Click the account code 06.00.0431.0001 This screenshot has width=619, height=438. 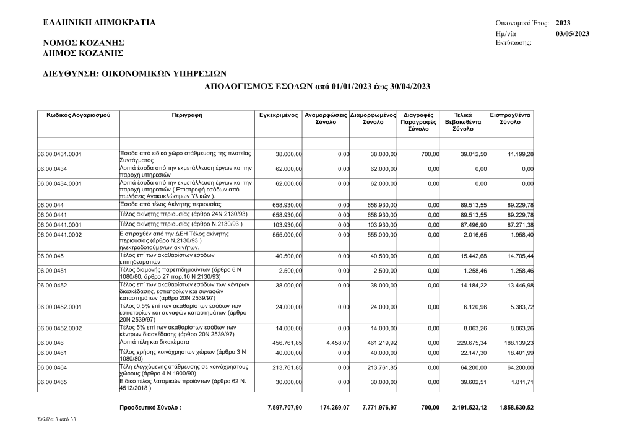pyautogui.click(x=60, y=154)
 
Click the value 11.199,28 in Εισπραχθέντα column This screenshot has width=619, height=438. pyautogui.click(x=519, y=154)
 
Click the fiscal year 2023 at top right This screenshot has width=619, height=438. pyautogui.click(x=564, y=23)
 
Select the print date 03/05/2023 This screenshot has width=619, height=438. pyautogui.click(x=573, y=33)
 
